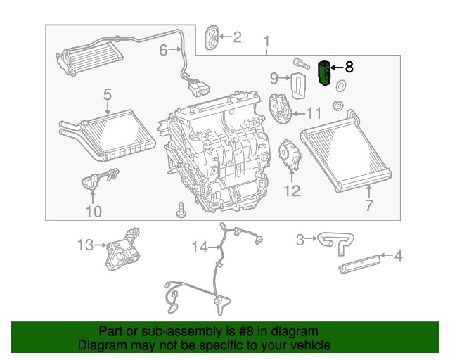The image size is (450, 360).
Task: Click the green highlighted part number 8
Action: [x=325, y=73]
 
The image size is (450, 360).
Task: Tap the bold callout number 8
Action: [x=349, y=67]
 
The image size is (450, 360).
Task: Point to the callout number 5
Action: [x=108, y=94]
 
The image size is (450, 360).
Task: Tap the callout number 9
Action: [x=274, y=77]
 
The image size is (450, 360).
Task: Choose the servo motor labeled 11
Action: [x=281, y=106]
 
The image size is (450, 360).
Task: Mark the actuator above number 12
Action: [x=289, y=155]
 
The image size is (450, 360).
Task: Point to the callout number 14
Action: [x=200, y=247]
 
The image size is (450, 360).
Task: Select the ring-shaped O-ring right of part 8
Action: [x=341, y=86]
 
